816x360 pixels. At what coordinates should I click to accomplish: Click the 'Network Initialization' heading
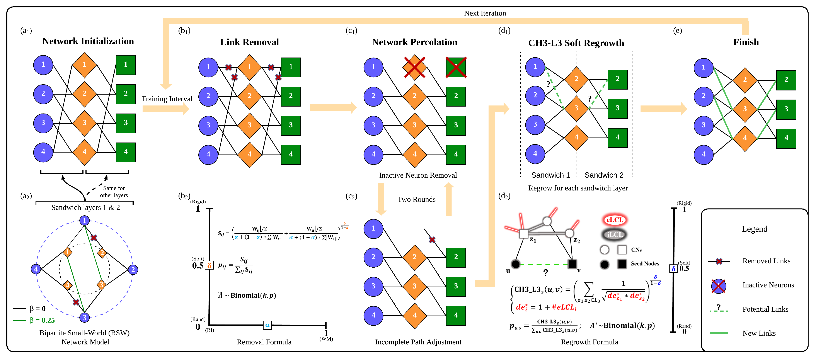coord(88,41)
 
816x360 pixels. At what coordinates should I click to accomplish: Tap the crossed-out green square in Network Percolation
coord(456,67)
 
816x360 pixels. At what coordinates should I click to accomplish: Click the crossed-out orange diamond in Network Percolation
coord(414,67)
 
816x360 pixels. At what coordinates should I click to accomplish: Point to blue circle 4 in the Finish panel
coord(703,155)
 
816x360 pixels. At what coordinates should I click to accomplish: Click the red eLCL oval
coord(615,220)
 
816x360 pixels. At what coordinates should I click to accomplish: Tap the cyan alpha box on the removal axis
coord(267,325)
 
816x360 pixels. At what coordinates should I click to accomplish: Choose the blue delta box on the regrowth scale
coord(673,268)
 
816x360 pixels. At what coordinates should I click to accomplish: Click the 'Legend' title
coord(754,229)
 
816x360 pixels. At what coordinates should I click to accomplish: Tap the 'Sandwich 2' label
coord(604,175)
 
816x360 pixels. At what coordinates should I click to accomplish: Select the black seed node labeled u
coord(515,264)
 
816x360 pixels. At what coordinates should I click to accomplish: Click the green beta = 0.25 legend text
coord(42,320)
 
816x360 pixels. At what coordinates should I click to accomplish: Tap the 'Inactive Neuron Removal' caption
coord(418,175)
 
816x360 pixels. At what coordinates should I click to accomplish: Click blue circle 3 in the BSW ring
coord(84,318)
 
